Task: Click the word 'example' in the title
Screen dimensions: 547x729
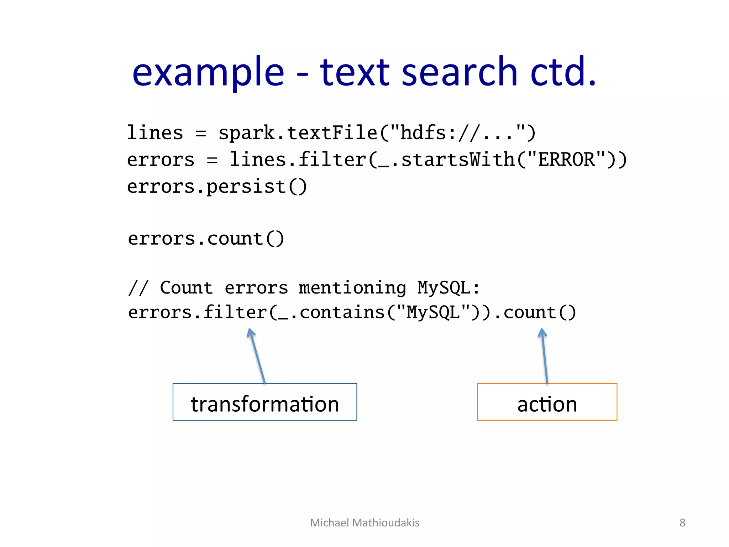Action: point(208,73)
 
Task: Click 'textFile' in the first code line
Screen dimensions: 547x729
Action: point(332,133)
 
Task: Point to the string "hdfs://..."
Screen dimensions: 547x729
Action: point(457,133)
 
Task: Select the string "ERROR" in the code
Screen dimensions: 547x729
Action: point(566,160)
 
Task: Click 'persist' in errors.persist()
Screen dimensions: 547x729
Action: point(246,187)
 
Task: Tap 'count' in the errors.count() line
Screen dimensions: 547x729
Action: point(235,238)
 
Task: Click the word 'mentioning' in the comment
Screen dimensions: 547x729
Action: point(352,288)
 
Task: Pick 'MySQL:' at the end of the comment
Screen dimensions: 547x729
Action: point(449,288)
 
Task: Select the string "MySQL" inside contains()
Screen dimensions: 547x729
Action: point(433,313)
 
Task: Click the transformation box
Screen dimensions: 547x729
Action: point(264,402)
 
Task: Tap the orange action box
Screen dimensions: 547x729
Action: point(547,402)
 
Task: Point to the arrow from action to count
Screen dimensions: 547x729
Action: point(545,356)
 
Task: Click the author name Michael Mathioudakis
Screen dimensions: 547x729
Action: point(364,522)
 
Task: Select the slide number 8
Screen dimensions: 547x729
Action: point(682,522)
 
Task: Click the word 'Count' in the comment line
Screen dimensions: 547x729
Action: point(186,288)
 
